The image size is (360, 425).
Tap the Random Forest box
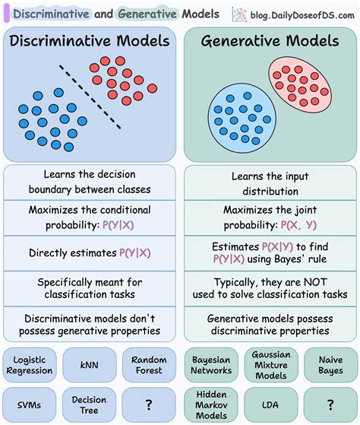(149, 364)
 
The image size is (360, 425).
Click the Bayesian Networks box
(210, 364)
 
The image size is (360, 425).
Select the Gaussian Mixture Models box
(271, 364)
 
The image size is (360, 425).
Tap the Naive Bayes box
(330, 364)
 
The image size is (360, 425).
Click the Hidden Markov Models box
(210, 404)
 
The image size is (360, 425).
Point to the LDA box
(271, 404)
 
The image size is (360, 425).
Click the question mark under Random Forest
(149, 404)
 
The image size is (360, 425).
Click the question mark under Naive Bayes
(330, 404)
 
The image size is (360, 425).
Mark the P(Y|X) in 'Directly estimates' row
(133, 253)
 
